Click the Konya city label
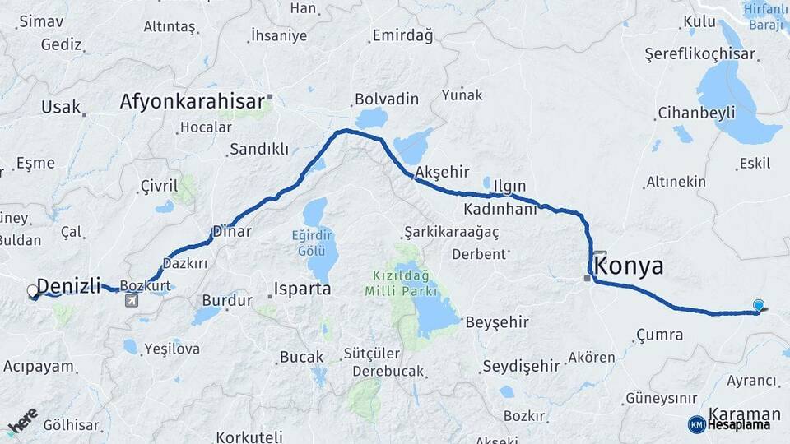point(628,266)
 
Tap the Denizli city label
point(69,286)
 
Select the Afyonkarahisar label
point(192,102)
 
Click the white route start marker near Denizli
point(33,290)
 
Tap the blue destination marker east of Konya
point(758,305)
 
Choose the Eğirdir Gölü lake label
point(314,242)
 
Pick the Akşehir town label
point(442,172)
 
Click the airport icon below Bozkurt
point(132,301)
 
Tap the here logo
point(22,420)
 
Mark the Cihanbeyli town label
point(696,113)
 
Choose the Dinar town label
point(231,231)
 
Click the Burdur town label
point(226,301)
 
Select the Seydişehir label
point(521,365)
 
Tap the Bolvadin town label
point(387,99)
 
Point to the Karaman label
point(744,414)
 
